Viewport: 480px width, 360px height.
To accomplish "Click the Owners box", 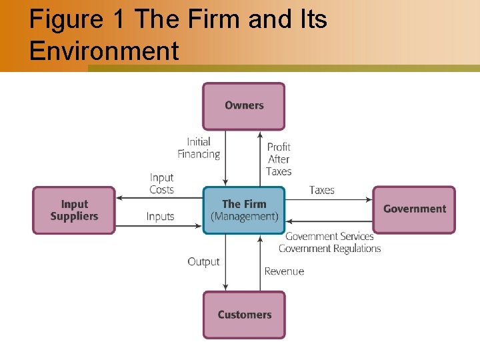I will (x=244, y=105).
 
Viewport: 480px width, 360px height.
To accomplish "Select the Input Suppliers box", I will (x=74, y=210).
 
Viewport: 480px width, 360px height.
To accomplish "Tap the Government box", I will (x=414, y=209).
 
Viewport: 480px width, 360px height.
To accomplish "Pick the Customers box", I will (x=244, y=315).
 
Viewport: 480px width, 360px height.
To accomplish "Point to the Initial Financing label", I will (x=199, y=148).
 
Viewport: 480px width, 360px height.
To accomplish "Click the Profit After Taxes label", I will (x=279, y=159).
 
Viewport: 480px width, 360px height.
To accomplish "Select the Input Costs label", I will (x=161, y=183).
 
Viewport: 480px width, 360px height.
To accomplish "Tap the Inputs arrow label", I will (x=160, y=217).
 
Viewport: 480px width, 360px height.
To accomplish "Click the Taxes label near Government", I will (x=321, y=190).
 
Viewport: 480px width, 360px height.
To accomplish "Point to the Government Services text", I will (x=329, y=237).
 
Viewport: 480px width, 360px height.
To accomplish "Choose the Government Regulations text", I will (x=329, y=249).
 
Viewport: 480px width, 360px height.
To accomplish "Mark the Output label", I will (x=203, y=262).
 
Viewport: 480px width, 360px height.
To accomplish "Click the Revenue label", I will (x=284, y=271).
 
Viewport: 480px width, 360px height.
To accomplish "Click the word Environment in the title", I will (x=104, y=51).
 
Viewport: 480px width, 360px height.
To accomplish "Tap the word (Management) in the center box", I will (x=244, y=217).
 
